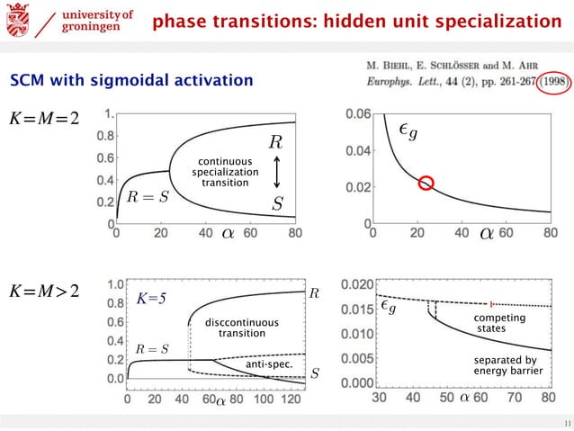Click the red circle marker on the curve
[x=427, y=184]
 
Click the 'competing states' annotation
[x=494, y=324]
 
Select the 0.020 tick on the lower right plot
[x=354, y=285]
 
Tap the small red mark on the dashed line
[x=491, y=303]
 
